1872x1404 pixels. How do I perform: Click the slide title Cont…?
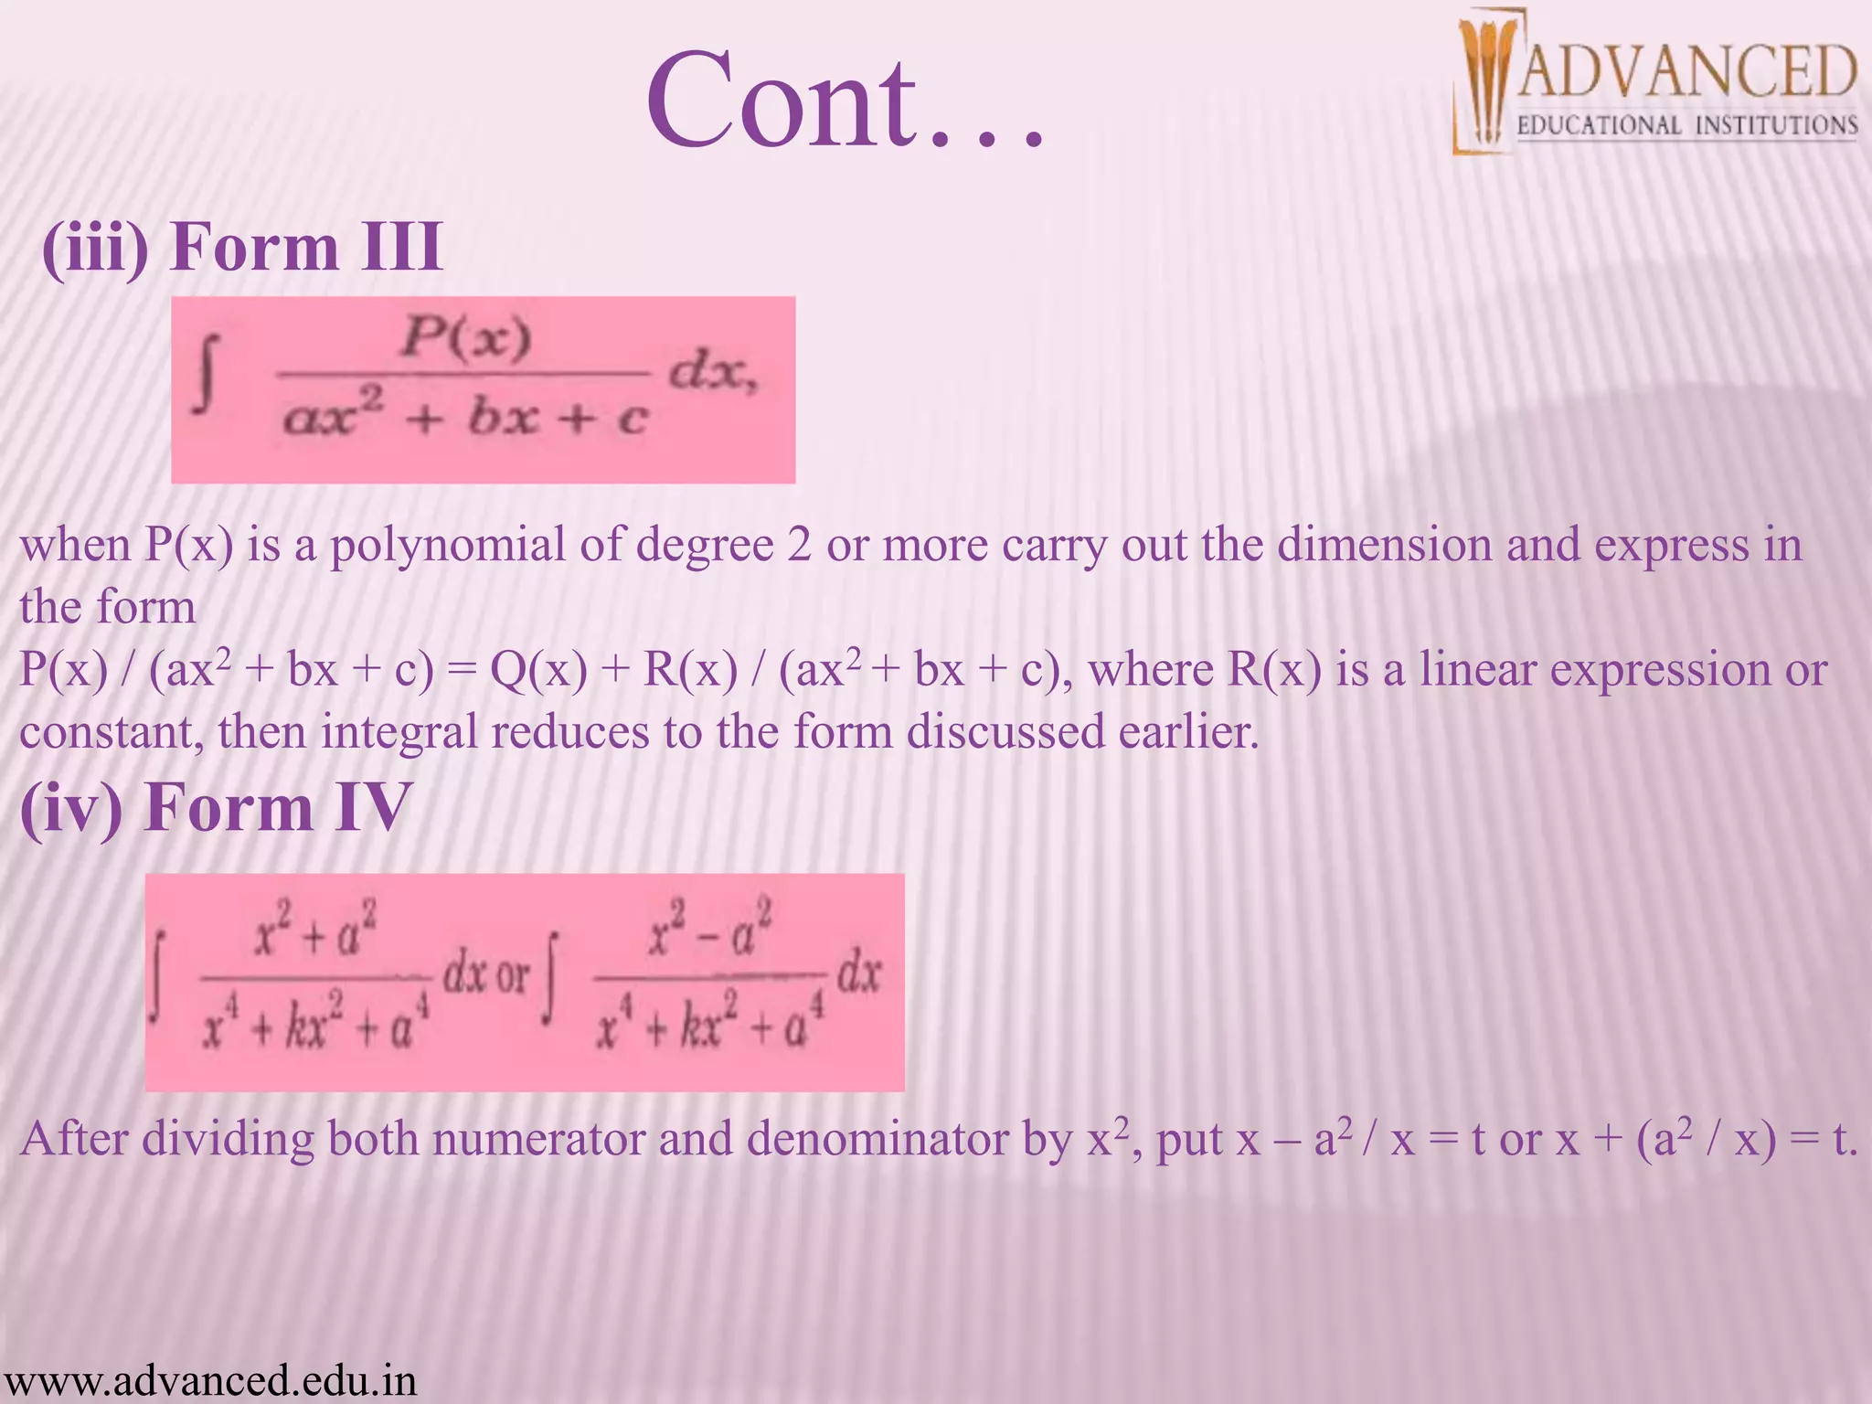point(846,101)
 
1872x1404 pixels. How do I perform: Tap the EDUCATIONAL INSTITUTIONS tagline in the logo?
point(1687,125)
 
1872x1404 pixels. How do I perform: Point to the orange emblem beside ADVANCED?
point(1486,82)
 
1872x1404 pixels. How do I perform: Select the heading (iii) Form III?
point(242,247)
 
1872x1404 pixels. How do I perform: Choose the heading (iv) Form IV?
point(216,808)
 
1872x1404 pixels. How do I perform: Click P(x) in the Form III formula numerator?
point(466,338)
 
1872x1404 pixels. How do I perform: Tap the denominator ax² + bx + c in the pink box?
point(465,419)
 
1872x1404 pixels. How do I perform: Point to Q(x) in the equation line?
point(538,670)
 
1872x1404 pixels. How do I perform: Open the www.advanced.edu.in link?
point(209,1380)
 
